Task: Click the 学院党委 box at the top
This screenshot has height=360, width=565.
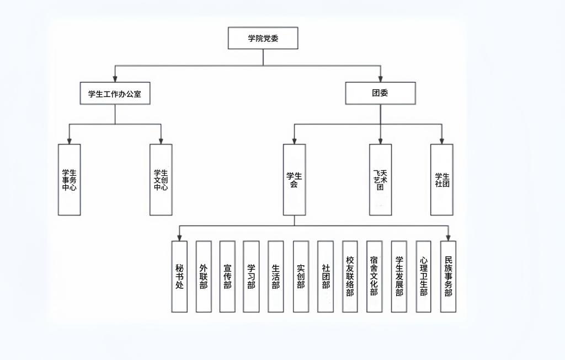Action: (263, 38)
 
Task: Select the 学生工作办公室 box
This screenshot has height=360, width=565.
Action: (115, 93)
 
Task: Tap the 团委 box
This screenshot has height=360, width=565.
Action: (380, 93)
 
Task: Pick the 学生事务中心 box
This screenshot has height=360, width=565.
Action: (69, 180)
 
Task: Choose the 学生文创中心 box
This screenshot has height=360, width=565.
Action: (161, 180)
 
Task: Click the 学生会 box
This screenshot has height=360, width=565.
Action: (294, 180)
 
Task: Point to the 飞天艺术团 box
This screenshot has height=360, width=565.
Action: (380, 180)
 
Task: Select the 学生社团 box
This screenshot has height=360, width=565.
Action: (442, 180)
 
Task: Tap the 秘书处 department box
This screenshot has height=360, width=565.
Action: (179, 276)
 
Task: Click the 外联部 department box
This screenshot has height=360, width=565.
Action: (204, 276)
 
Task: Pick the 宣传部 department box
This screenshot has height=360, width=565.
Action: (227, 276)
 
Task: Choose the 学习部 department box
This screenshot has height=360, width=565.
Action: (251, 276)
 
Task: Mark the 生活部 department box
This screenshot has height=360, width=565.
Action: (276, 276)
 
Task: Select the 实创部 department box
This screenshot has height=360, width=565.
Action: (301, 276)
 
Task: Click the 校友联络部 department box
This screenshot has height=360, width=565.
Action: (350, 276)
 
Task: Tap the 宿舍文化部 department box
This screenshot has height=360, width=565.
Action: (374, 276)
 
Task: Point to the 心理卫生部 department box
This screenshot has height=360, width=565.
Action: (423, 276)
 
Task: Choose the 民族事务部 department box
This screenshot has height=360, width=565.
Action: (448, 276)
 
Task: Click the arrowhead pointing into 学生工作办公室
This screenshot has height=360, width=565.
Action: (115, 79)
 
